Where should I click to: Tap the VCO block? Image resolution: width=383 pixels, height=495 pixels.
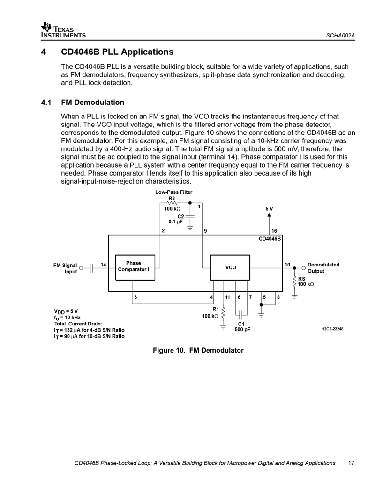point(231,267)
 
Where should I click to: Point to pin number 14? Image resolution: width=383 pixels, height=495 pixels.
point(104,265)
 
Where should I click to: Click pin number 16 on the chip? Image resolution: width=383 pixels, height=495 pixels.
point(274,231)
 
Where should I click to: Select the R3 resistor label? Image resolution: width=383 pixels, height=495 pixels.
point(172,199)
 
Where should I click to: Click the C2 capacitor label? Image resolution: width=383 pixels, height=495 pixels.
point(180,215)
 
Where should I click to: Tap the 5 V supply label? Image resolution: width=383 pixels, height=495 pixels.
point(269,208)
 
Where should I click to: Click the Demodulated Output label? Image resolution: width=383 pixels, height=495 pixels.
point(323,268)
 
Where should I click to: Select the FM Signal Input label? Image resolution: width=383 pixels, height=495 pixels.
point(65,268)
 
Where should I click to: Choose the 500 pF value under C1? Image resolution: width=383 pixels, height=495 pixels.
point(242,330)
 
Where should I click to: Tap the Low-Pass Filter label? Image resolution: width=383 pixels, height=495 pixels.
point(174,192)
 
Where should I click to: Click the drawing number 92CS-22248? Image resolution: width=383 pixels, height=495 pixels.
point(333,329)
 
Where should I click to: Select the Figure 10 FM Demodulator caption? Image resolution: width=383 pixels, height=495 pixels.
point(198,350)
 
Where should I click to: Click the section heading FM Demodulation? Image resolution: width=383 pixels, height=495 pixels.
point(93,102)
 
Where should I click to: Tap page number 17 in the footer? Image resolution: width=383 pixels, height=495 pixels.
point(351,463)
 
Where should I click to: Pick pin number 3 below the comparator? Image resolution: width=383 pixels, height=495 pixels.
point(135,297)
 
